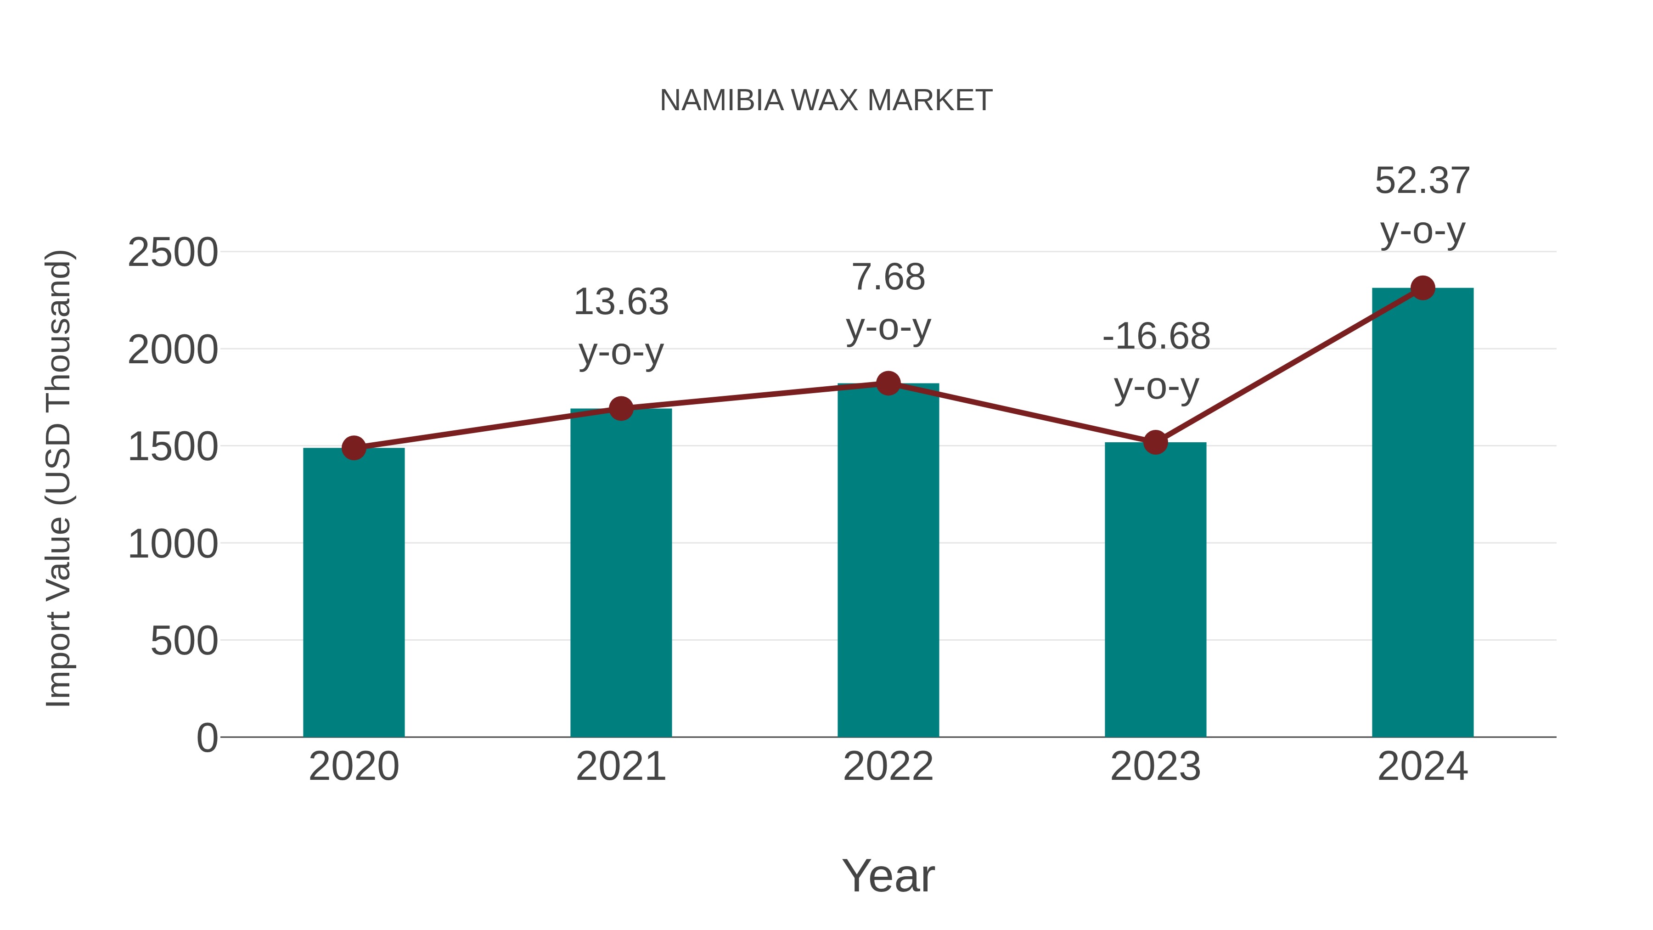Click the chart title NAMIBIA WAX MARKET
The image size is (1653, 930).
(x=826, y=101)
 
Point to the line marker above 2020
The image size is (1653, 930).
(x=354, y=448)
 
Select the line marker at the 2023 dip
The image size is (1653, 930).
(x=1155, y=442)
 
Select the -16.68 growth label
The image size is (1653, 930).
(x=1156, y=336)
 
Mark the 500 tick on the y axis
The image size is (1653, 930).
(x=184, y=641)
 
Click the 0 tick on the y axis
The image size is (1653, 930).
(x=207, y=738)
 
